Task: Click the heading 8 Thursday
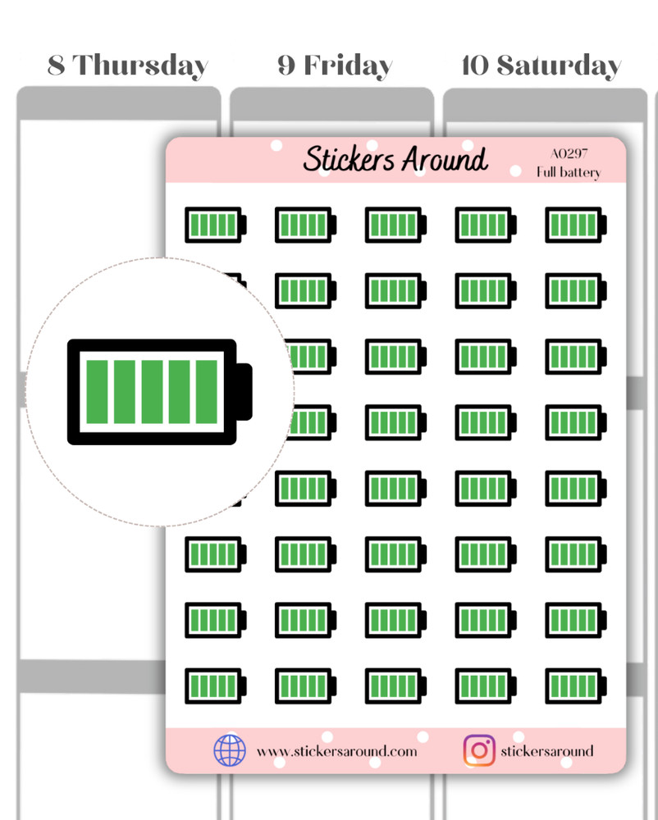point(128,66)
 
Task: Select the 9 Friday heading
point(335,66)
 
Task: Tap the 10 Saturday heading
point(541,66)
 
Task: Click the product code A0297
point(569,153)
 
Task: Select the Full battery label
point(569,172)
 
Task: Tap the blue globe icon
point(230,750)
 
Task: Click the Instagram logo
point(479,750)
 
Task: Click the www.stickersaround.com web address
point(337,751)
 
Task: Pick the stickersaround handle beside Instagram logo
point(547,751)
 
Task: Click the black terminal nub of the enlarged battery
point(244,392)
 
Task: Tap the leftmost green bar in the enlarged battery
point(98,392)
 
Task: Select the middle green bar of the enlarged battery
point(153,392)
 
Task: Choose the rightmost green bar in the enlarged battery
point(207,392)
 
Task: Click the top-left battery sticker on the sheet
point(216,225)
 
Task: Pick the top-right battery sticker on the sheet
point(576,225)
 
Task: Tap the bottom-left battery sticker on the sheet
point(216,686)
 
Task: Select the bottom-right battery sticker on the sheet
point(576,686)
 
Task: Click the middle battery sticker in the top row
point(396,225)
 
